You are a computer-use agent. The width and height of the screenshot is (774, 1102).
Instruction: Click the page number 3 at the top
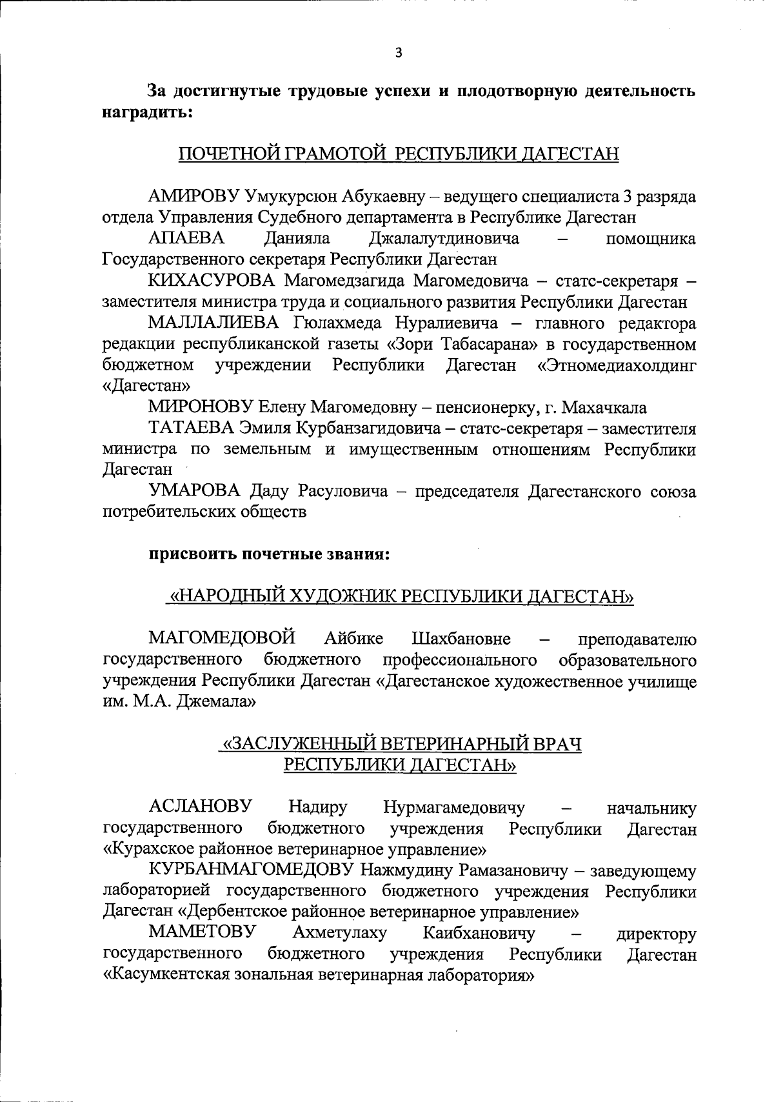[x=398, y=54]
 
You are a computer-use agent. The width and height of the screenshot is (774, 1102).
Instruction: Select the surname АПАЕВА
[x=186, y=239]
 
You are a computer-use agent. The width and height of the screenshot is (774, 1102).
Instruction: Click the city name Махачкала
[x=604, y=407]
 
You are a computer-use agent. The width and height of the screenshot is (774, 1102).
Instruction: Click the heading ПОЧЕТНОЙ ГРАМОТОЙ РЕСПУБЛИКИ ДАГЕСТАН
[x=398, y=154]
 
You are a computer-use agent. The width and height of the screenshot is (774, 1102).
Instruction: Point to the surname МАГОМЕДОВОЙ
[x=222, y=639]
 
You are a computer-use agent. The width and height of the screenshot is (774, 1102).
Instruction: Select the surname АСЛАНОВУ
[x=200, y=807]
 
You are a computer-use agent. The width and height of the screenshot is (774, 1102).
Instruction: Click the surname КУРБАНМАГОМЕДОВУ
[x=252, y=871]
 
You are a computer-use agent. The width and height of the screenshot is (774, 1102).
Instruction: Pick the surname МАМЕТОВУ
[x=201, y=933]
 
